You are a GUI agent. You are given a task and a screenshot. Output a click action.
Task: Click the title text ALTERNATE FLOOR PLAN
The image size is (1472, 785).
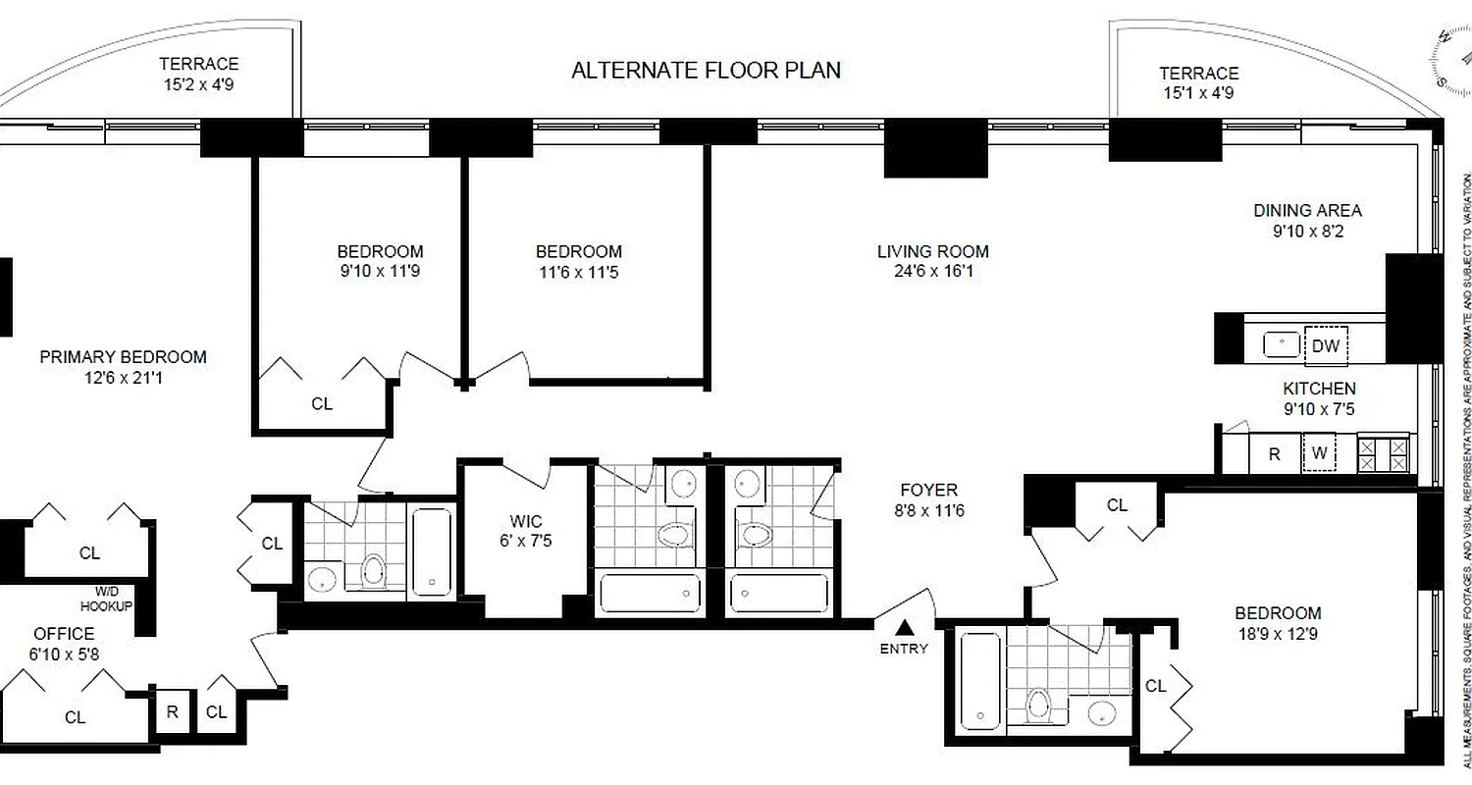click(x=706, y=71)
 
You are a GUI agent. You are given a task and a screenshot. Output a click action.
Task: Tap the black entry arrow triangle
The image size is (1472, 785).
click(x=904, y=628)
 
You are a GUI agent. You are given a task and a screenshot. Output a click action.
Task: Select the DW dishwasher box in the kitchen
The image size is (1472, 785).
click(x=1325, y=344)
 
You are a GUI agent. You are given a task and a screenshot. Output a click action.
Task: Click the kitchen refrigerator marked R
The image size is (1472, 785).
click(x=1274, y=454)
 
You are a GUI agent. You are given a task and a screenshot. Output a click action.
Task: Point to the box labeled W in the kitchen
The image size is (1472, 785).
click(x=1320, y=454)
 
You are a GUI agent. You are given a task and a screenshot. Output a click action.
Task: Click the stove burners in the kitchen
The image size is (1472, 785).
click(x=1383, y=453)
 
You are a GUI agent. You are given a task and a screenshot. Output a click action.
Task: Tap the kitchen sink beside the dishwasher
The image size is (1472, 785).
click(x=1281, y=344)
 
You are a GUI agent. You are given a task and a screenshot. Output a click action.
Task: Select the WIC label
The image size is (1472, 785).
click(x=526, y=521)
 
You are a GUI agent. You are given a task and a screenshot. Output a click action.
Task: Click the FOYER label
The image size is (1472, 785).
click(x=928, y=490)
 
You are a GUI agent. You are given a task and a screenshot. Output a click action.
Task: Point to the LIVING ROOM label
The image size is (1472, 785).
click(x=932, y=251)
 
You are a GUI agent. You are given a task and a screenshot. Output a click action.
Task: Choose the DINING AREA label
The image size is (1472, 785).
click(x=1307, y=210)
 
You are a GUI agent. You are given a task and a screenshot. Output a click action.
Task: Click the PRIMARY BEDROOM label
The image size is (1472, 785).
click(x=123, y=357)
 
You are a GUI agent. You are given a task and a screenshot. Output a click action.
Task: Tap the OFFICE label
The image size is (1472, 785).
click(x=64, y=634)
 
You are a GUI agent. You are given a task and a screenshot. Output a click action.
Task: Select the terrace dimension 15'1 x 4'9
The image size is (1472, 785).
click(x=1198, y=93)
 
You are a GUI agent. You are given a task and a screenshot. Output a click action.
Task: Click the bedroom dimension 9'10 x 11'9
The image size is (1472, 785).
click(x=380, y=272)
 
